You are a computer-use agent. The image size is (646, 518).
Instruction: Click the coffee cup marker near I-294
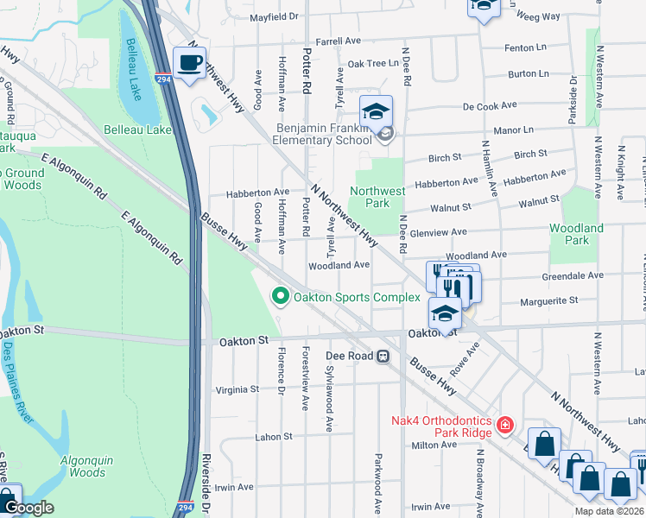189,62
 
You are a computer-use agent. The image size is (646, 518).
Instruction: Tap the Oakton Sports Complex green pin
280,297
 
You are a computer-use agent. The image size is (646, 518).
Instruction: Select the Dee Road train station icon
382,356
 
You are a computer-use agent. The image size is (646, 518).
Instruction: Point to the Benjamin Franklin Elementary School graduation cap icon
376,111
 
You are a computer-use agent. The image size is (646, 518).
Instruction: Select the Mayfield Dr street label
274,16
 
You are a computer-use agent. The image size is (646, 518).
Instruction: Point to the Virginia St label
236,389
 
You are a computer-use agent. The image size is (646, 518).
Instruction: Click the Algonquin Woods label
87,466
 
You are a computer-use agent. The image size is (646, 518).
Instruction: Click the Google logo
28,508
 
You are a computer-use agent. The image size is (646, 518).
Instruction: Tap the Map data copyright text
609,511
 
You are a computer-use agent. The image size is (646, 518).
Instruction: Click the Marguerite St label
549,300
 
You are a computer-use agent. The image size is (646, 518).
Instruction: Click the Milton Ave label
434,445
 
